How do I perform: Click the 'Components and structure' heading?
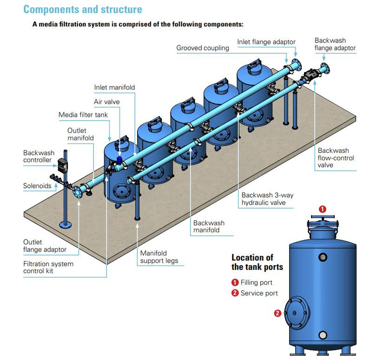pyautogui.click(x=83, y=9)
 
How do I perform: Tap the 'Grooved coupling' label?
pyautogui.click(x=203, y=48)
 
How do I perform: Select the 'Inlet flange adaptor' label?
pyautogui.click(x=267, y=42)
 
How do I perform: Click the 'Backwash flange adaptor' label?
pyautogui.click(x=335, y=44)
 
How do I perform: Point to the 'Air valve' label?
pyautogui.click(x=107, y=101)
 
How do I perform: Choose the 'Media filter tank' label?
pyautogui.click(x=83, y=115)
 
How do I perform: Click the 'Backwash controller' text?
pyautogui.click(x=39, y=157)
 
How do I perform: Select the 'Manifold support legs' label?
pyautogui.click(x=159, y=257)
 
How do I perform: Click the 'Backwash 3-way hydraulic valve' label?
pyautogui.click(x=267, y=199)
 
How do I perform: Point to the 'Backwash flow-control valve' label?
pyautogui.click(x=336, y=158)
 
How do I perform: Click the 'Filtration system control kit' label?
pyautogui.click(x=48, y=267)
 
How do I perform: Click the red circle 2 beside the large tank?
pyautogui.click(x=277, y=313)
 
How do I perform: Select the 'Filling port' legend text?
pyautogui.click(x=256, y=282)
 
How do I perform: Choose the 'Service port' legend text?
pyautogui.click(x=259, y=293)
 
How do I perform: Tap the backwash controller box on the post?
pyautogui.click(x=63, y=164)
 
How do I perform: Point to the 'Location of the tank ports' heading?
pyautogui.click(x=257, y=262)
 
